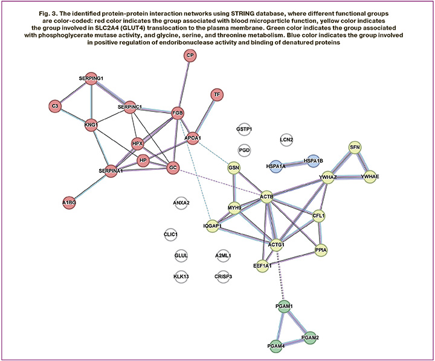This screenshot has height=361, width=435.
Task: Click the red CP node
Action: (x=190, y=56)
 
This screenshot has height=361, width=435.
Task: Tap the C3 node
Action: (x=55, y=106)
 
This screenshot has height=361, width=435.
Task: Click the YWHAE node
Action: (x=370, y=176)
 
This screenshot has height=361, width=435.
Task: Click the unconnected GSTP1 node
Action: (x=244, y=129)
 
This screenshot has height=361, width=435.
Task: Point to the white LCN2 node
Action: (x=286, y=140)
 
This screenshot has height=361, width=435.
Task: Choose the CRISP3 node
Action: (x=223, y=276)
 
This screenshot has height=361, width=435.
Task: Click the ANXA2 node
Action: (x=181, y=203)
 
